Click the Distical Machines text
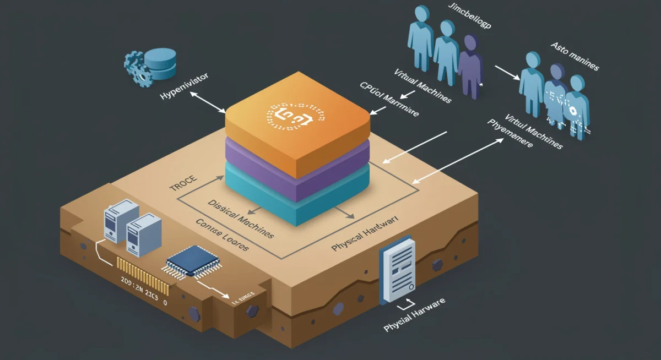[x=240, y=219]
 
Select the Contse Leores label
[x=222, y=236]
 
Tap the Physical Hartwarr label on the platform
[x=365, y=234]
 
